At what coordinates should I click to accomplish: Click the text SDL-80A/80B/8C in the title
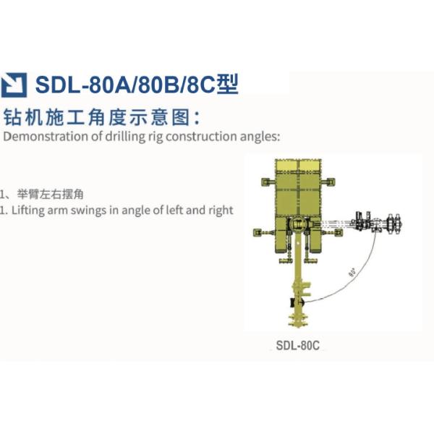[124, 85]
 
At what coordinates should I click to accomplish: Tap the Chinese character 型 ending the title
[228, 85]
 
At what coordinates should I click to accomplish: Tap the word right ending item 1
[220, 210]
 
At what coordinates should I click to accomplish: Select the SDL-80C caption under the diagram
[297, 345]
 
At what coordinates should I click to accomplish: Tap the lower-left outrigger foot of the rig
[258, 232]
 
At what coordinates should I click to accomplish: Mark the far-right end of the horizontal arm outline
[400, 225]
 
